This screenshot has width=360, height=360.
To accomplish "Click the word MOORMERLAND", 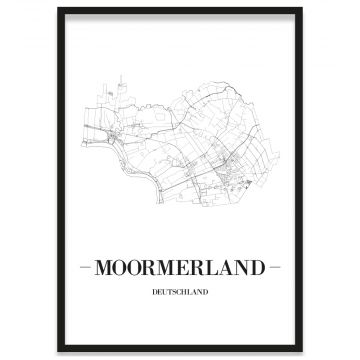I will point(180,267).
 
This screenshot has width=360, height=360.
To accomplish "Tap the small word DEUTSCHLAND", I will point(180,293).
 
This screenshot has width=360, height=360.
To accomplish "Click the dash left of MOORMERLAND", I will point(82,267).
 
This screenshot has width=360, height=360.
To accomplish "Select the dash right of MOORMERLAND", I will point(277,267).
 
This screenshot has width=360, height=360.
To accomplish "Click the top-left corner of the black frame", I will point(59,9).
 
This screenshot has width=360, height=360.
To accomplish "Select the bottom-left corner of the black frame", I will point(59,351).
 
